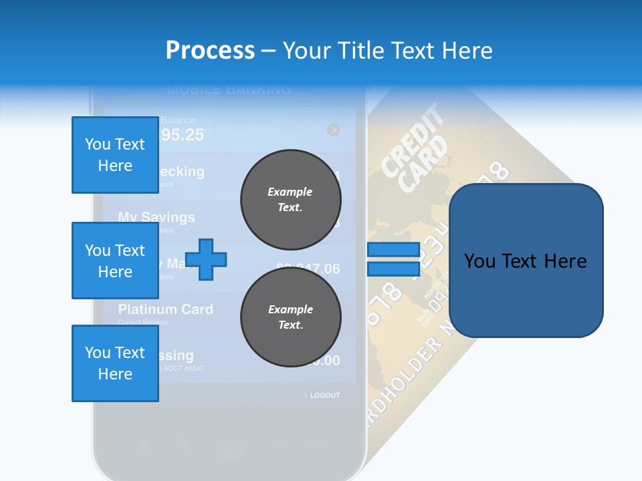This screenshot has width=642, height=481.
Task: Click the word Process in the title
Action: click(x=210, y=50)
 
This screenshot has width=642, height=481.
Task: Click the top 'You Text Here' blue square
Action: click(x=115, y=155)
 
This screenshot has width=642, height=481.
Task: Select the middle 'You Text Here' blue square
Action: click(x=115, y=261)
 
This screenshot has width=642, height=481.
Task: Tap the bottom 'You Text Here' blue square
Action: click(x=115, y=363)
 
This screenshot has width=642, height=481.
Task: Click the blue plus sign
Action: click(x=206, y=259)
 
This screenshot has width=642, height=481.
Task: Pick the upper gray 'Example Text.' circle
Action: click(x=290, y=200)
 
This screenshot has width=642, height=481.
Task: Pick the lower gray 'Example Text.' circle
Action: click(x=290, y=317)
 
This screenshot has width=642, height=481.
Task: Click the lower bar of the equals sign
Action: click(x=393, y=269)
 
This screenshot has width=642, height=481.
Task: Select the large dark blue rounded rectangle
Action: click(x=526, y=261)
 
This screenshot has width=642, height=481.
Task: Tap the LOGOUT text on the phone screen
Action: click(x=324, y=395)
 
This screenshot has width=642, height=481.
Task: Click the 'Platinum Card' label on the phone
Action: click(x=165, y=309)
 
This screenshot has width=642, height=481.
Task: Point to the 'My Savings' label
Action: click(x=156, y=217)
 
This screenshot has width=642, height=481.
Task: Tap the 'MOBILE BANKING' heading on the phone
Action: click(x=229, y=89)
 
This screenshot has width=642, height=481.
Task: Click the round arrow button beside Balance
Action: click(x=333, y=130)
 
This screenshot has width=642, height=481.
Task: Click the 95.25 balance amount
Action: click(x=181, y=135)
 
